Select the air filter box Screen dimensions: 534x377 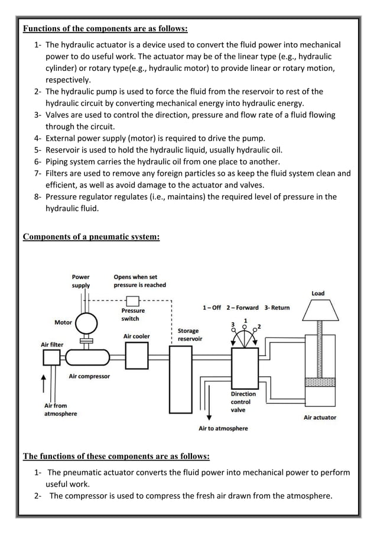click(52, 357)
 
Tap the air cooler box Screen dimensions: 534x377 click(136, 356)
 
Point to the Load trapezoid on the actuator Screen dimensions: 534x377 click(318, 309)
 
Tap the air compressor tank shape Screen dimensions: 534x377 click(87, 357)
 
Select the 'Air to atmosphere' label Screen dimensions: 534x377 click(223, 428)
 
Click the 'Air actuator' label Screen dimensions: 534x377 click(320, 418)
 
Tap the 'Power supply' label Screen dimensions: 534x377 click(81, 280)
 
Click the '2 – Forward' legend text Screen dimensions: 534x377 click(243, 308)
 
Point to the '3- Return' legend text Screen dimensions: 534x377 click(277, 308)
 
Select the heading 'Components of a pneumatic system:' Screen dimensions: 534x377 click(91, 237)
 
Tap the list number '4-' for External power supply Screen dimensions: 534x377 click(38, 138)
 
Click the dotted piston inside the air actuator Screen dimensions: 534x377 click(319, 382)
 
